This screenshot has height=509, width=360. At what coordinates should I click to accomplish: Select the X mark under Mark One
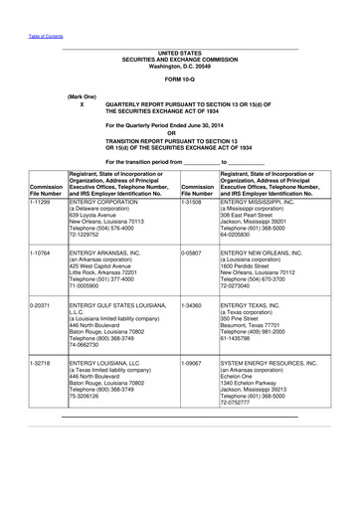pos(82,103)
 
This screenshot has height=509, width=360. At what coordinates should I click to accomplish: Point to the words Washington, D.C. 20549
pos(180,65)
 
